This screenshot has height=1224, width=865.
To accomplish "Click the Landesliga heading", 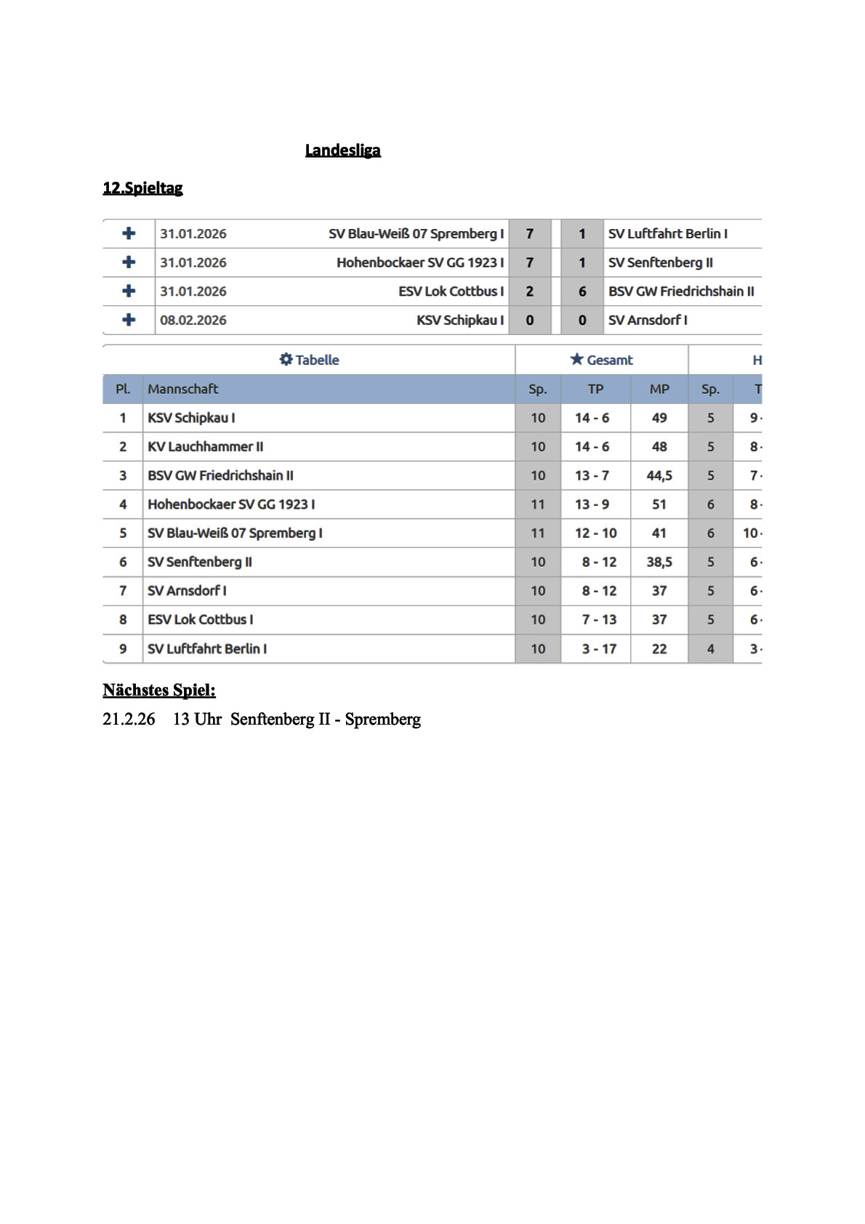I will (x=342, y=150).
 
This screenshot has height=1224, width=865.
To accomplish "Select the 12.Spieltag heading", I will (x=142, y=188).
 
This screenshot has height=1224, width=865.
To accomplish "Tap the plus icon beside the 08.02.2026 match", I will (x=129, y=320).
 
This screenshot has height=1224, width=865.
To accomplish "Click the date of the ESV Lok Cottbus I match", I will (x=193, y=291).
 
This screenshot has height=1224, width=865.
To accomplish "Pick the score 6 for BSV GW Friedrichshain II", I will (x=582, y=291).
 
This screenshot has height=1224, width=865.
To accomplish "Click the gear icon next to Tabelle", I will (x=286, y=360).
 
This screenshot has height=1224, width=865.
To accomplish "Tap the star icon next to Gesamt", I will (x=577, y=359).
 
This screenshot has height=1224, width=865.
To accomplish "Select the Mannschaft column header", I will (x=183, y=389).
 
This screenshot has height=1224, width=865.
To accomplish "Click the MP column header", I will (x=659, y=389).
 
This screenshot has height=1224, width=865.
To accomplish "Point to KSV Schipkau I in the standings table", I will (x=191, y=418).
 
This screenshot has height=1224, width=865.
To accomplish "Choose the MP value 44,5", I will (x=659, y=475).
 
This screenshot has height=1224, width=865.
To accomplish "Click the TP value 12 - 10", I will (x=595, y=533).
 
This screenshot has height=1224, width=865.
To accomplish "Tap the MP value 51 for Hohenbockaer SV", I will (x=659, y=504).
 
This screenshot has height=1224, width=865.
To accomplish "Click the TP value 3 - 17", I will (x=599, y=648).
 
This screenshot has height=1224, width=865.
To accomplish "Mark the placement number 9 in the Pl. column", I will (x=123, y=648).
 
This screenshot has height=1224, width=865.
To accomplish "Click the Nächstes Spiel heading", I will (x=159, y=690).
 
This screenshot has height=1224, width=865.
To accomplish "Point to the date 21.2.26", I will (x=129, y=719).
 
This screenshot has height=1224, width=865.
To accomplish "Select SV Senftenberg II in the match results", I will (x=660, y=262).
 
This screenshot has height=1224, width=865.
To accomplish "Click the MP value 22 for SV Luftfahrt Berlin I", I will (x=659, y=648).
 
